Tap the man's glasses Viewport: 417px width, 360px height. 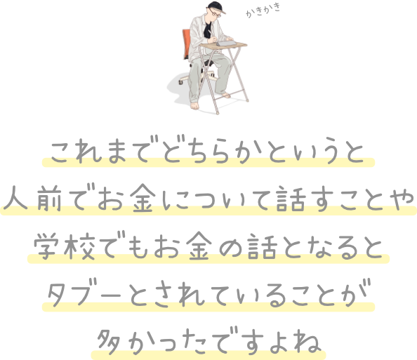[x=214, y=13]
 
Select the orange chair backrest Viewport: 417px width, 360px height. [x=186, y=44]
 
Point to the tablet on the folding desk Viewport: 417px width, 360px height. [x=226, y=44]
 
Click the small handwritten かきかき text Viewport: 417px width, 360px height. [x=263, y=11]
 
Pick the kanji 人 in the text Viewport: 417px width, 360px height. [x=15, y=198]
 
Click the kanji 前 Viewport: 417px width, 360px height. [x=49, y=198]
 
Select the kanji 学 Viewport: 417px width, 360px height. [x=46, y=246]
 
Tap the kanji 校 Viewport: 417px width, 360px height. [x=79, y=246]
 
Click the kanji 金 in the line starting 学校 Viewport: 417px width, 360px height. [x=199, y=246]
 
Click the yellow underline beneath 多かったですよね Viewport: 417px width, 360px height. [x=208, y=355]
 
